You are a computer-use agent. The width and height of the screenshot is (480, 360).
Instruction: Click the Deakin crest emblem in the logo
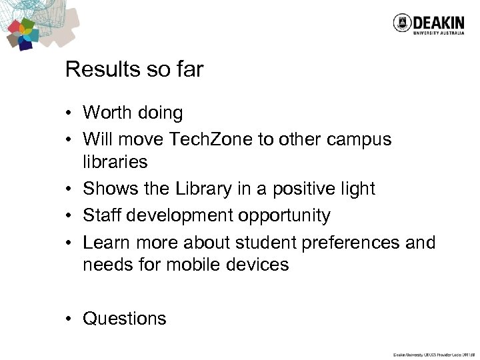[401, 24]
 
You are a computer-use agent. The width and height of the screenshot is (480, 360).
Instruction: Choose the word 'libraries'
[115, 162]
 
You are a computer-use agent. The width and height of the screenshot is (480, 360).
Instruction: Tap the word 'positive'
[303, 189]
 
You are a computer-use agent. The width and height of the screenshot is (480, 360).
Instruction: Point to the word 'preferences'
[347, 243]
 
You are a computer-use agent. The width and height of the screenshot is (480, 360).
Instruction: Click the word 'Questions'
[125, 319]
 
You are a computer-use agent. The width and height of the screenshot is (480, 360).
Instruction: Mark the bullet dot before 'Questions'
[69, 319]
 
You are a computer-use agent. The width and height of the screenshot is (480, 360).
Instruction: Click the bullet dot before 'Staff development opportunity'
[69, 216]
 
